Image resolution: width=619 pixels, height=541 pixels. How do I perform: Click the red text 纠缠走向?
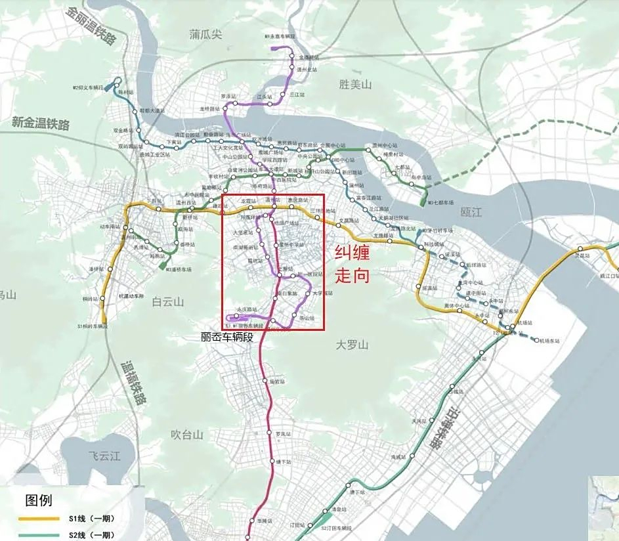(353, 263)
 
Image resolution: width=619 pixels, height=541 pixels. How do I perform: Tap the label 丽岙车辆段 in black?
(227, 337)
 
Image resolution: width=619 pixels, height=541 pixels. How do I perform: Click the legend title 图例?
(38, 500)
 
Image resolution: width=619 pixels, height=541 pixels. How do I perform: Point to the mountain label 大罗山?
(353, 345)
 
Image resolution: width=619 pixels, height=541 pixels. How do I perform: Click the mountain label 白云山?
(168, 301)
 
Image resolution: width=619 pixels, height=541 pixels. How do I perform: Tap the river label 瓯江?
(471, 211)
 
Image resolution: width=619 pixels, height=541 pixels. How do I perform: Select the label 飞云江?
(105, 456)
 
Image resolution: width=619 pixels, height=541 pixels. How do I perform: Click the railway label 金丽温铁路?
(91, 26)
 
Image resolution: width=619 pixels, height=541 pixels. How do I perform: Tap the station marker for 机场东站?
(536, 340)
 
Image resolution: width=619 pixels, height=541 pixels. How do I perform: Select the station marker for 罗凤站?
(270, 432)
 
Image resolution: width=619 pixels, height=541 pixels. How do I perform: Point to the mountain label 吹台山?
(188, 435)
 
